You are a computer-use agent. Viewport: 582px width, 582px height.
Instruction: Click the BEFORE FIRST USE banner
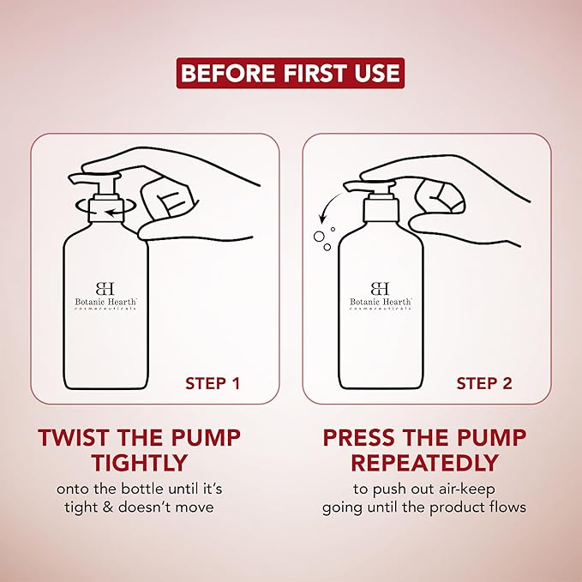tap(291, 73)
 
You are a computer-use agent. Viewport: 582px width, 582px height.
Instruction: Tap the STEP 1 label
tap(213, 384)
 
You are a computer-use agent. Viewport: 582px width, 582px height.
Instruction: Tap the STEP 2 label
tap(484, 384)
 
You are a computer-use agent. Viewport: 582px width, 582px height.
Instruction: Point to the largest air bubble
tap(319, 236)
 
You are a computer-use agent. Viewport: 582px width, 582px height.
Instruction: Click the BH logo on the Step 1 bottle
tap(105, 288)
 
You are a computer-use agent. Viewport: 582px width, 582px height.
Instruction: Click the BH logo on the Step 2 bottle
tap(380, 288)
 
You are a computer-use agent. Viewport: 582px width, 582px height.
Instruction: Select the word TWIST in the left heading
tap(72, 438)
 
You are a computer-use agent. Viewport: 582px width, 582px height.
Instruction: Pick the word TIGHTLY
tap(139, 463)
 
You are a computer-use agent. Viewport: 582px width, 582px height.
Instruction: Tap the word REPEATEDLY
tap(424, 463)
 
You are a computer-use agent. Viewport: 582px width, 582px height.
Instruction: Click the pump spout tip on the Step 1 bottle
tap(71, 178)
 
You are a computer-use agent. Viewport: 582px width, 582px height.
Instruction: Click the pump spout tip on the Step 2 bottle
tap(346, 185)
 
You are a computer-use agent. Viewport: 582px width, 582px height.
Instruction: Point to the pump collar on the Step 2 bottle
tap(381, 210)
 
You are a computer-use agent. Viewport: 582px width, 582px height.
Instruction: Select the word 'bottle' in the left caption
tap(144, 489)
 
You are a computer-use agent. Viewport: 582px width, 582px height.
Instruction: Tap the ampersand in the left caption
tap(108, 507)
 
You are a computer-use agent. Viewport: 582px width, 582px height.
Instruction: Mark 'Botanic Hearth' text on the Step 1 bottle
tap(105, 302)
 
